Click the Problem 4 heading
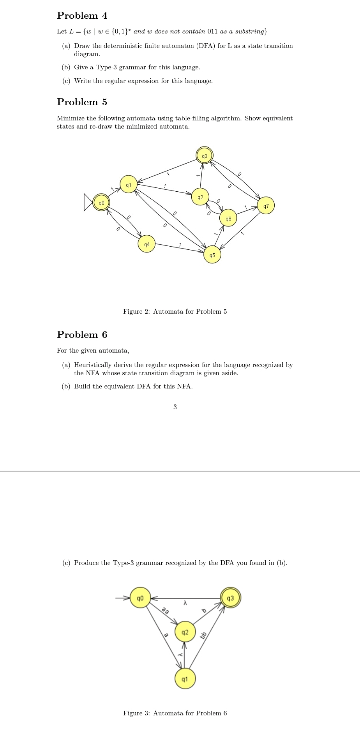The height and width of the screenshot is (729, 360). click(x=82, y=16)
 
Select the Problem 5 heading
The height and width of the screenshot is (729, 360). click(x=82, y=102)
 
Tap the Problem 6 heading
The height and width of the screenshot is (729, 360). click(x=82, y=335)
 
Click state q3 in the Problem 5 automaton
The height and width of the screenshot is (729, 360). click(x=205, y=156)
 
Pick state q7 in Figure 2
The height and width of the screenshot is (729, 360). click(x=266, y=206)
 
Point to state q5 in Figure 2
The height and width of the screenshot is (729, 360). click(x=212, y=255)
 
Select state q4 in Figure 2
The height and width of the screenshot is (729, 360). click(x=146, y=244)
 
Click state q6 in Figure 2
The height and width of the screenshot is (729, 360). click(x=228, y=219)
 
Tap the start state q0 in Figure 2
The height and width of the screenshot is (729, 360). click(x=101, y=203)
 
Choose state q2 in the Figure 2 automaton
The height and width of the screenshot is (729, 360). click(x=200, y=198)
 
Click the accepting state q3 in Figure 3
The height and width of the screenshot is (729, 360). click(x=230, y=598)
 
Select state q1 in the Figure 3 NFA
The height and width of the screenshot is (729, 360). click(x=185, y=679)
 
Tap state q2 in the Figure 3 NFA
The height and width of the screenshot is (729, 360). click(x=185, y=632)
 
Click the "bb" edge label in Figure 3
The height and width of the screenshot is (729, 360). click(x=203, y=635)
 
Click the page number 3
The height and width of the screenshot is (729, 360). click(x=175, y=407)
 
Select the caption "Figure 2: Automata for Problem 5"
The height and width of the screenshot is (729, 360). click(x=175, y=311)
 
